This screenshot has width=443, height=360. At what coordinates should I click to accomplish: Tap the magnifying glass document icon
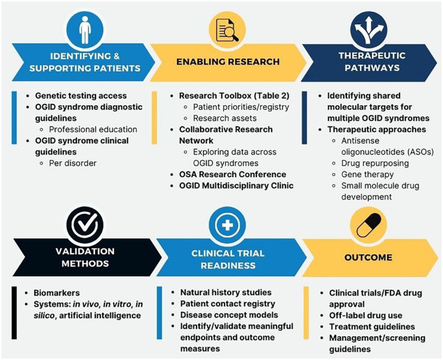pyautogui.click(x=226, y=28)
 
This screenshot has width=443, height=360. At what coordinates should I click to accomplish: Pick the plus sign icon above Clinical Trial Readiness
pyautogui.click(x=226, y=224)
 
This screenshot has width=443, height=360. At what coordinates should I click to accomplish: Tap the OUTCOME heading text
pyautogui.click(x=367, y=257)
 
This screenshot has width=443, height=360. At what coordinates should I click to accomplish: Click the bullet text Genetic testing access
pyautogui.click(x=81, y=95)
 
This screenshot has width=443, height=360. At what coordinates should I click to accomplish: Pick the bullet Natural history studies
pyautogui.click(x=226, y=292)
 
